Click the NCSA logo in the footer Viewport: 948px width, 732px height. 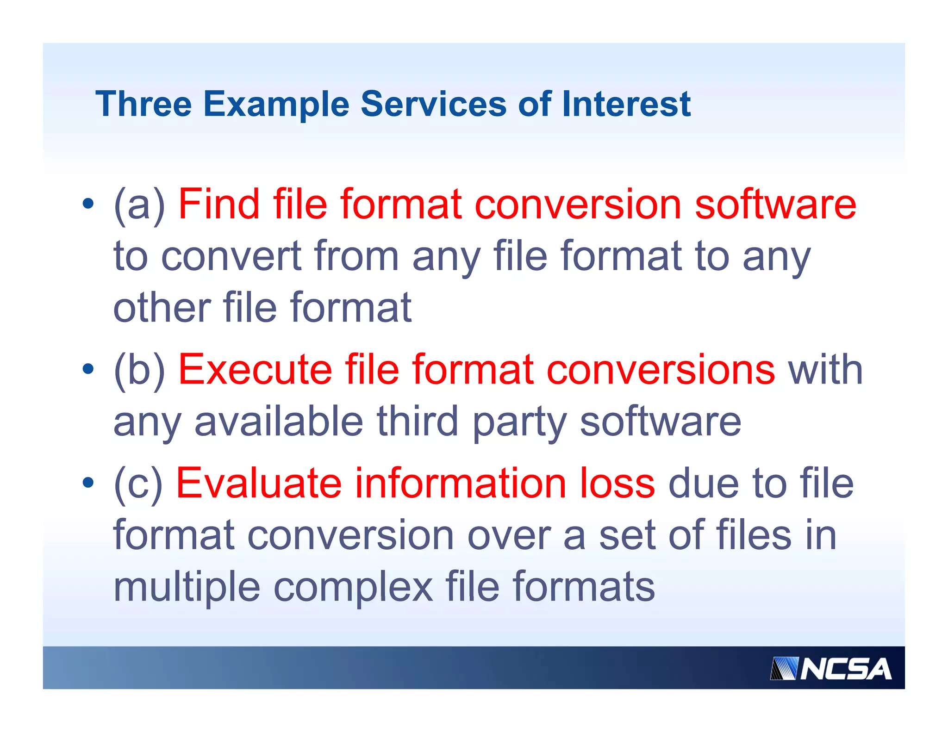coord(831,669)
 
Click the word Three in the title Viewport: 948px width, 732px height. coord(143,104)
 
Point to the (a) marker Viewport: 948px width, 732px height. coord(139,205)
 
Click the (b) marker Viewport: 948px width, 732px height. coord(139,370)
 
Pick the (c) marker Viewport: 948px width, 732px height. coord(138,484)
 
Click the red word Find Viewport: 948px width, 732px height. coord(219,204)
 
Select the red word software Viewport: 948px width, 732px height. coord(775,204)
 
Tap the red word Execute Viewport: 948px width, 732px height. coord(255,369)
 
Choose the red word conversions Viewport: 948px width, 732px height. coord(661,369)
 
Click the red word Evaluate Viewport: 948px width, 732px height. coord(259,483)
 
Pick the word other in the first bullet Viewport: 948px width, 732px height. coord(162,308)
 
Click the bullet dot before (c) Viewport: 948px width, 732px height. coord(88,483)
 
